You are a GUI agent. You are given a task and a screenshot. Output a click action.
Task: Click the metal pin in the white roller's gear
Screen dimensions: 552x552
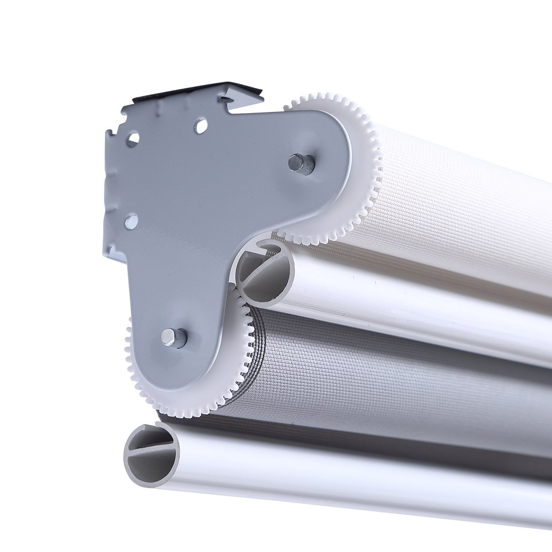coord(302,163)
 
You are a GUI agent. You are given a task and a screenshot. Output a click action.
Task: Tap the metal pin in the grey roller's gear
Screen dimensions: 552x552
coord(175,337)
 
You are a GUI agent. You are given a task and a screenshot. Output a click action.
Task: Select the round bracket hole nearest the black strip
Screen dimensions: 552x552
coord(200,125)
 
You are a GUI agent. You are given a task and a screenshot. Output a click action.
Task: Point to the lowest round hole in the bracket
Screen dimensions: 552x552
coord(131,221)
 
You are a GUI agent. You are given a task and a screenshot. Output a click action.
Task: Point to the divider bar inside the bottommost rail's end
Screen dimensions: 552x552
coord(152,448)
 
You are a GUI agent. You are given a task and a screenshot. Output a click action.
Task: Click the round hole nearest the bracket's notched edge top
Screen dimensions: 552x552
coord(132,139)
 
